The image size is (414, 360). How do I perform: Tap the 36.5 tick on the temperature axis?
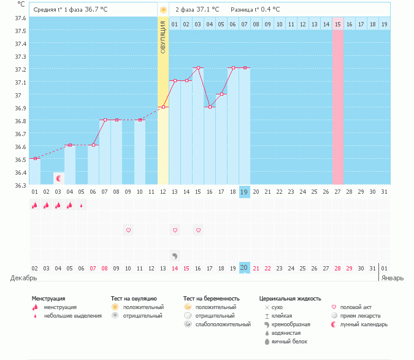tap(20, 159)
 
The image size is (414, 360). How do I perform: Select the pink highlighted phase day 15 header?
tap(338, 24)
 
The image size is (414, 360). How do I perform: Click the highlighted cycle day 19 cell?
tap(244, 192)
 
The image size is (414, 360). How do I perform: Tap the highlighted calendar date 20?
tap(244, 268)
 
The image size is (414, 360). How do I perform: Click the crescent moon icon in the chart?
tap(59, 178)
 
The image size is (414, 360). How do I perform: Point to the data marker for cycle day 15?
tap(197, 67)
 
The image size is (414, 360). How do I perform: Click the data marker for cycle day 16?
tap(209, 107)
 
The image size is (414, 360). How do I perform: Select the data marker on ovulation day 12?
tap(163, 107)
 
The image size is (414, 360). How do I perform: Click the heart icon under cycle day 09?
tap(128, 230)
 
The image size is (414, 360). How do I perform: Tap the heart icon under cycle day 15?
tap(197, 230)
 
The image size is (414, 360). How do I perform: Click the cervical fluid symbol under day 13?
tap(175, 255)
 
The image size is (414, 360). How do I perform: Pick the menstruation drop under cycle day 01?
tap(34, 205)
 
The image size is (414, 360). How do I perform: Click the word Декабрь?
tap(23, 278)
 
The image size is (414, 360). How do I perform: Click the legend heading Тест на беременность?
tap(210, 298)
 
